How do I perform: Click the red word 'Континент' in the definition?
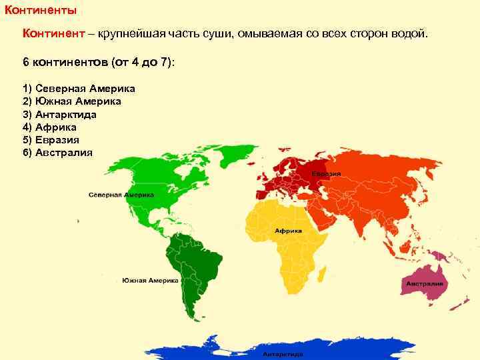(49, 33)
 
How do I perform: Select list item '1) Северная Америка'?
(79, 89)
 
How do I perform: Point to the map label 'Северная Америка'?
(121, 195)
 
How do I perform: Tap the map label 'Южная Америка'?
(151, 281)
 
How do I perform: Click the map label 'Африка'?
(288, 230)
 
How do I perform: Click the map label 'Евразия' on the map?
(329, 174)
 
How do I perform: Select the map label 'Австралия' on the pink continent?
(425, 283)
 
